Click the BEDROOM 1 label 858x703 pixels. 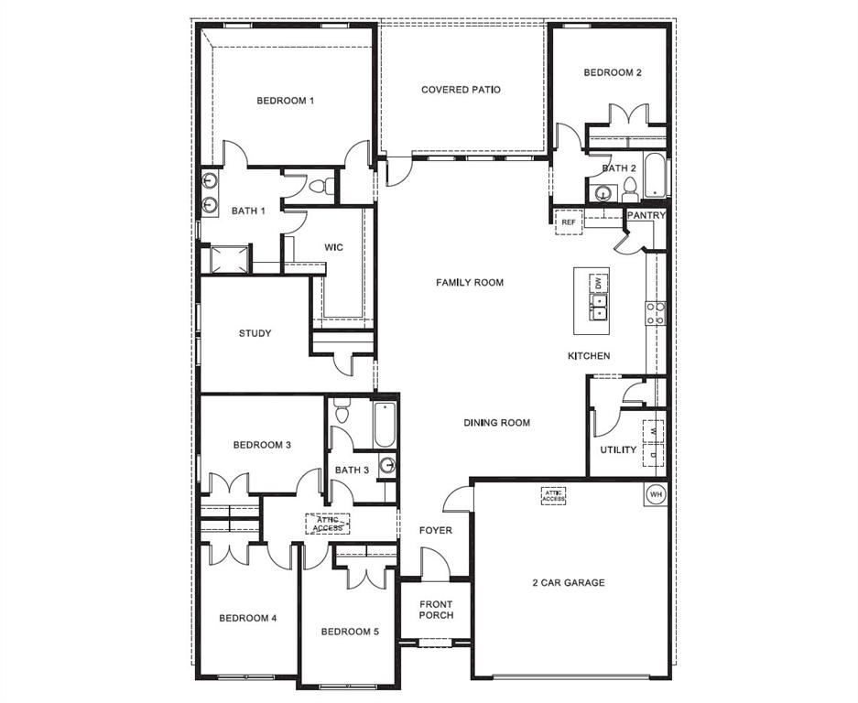tap(285, 101)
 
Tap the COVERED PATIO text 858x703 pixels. tap(461, 90)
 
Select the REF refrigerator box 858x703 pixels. tap(568, 222)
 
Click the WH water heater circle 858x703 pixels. tap(655, 493)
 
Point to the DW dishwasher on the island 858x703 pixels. tap(598, 284)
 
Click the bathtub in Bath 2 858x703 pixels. tap(655, 176)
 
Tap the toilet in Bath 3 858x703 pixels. tap(342, 412)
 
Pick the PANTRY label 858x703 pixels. tap(645, 215)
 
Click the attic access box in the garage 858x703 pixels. tap(553, 495)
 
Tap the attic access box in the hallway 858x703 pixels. tap(327, 524)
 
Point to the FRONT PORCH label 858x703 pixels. tap(436, 610)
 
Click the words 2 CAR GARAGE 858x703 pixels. tap(568, 582)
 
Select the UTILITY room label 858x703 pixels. tap(618, 449)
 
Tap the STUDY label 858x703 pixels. tap(255, 333)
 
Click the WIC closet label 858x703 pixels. tap(333, 247)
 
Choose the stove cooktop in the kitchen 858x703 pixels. tap(656, 313)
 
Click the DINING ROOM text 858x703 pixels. tap(496, 423)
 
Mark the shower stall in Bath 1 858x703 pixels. tap(225, 259)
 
